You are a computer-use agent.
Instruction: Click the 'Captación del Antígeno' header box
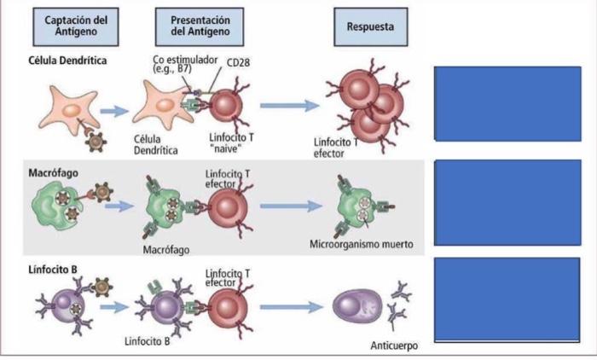(x=70, y=26)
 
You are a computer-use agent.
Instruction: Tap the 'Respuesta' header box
(x=370, y=26)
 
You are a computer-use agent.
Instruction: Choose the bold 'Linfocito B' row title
(x=53, y=270)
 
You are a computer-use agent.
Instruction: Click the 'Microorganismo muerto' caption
(x=361, y=244)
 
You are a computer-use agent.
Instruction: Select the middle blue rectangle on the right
(x=507, y=200)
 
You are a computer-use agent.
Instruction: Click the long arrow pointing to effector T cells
(x=289, y=106)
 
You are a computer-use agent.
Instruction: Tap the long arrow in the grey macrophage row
(x=289, y=206)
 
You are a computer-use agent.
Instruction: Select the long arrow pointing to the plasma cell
(x=289, y=305)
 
